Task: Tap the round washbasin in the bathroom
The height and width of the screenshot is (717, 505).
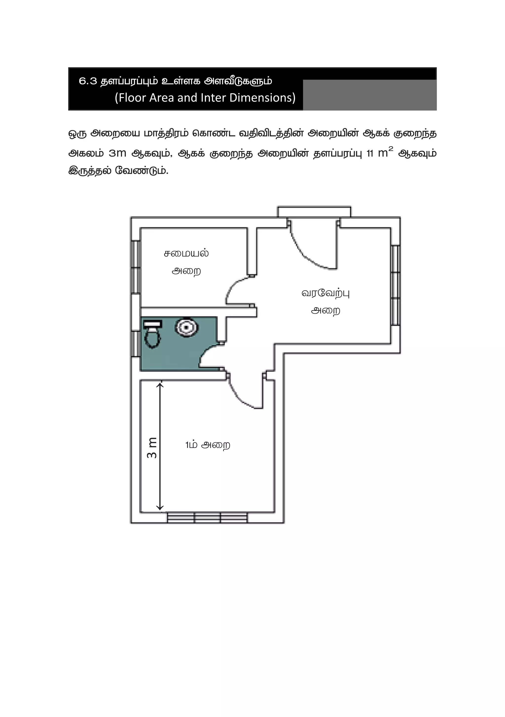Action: pyautogui.click(x=186, y=327)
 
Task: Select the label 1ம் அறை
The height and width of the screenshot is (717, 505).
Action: pyautogui.click(x=208, y=445)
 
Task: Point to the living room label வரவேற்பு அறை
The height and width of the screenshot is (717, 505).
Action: pyautogui.click(x=325, y=302)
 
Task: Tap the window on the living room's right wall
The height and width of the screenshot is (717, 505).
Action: pyautogui.click(x=395, y=285)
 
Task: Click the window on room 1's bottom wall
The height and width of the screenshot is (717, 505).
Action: pyautogui.click(x=207, y=517)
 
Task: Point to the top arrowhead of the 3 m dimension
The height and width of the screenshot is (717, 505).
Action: pyautogui.click(x=160, y=384)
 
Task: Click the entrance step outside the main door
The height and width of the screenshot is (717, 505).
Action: pyautogui.click(x=314, y=211)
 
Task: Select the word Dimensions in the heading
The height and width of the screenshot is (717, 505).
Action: pyautogui.click(x=262, y=98)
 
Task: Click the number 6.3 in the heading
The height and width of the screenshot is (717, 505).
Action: pyautogui.click(x=88, y=81)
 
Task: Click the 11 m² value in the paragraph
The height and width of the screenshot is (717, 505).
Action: pyautogui.click(x=379, y=153)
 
